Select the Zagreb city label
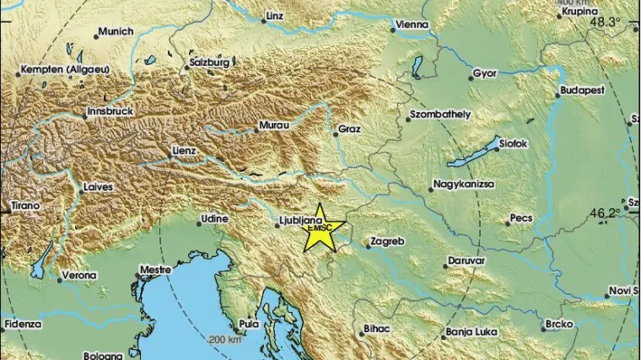coord(389,243)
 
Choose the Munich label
coord(116,32)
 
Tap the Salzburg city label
coord(211,63)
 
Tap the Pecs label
coord(521,219)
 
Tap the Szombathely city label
coord(438,113)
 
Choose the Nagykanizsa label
coord(464,183)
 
